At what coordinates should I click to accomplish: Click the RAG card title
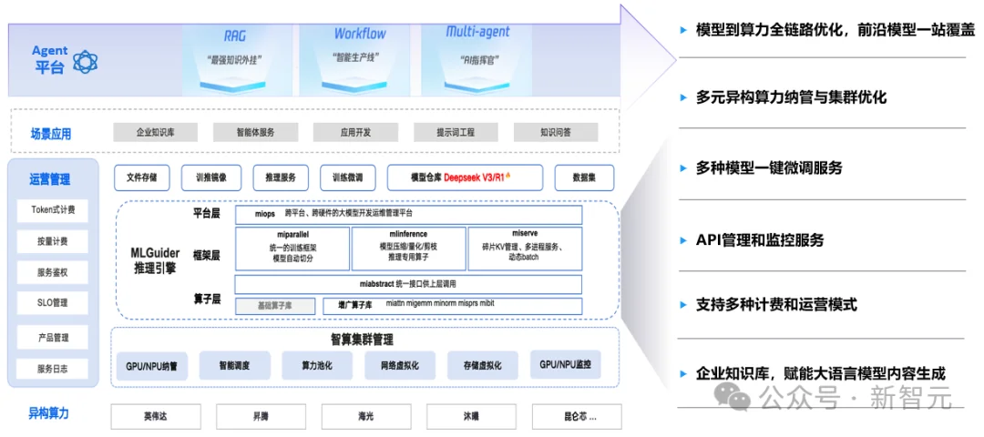tap(235, 36)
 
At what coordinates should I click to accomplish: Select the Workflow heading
tap(359, 34)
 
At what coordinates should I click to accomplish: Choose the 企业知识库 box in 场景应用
tap(155, 133)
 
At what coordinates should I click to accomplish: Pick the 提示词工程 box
tap(456, 133)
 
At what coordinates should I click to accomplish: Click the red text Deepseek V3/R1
tap(482, 178)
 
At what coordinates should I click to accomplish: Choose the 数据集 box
tap(584, 178)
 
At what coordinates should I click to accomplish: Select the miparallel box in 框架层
tap(292, 248)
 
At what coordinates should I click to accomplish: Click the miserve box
tap(525, 248)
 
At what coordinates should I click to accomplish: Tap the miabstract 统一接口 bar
tap(407, 284)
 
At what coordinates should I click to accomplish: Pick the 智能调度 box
tap(234, 366)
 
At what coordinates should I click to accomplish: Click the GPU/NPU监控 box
tap(565, 365)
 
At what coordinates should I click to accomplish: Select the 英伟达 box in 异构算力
tap(156, 416)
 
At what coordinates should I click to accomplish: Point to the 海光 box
tap(365, 416)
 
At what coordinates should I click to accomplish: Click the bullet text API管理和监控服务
tap(760, 240)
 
